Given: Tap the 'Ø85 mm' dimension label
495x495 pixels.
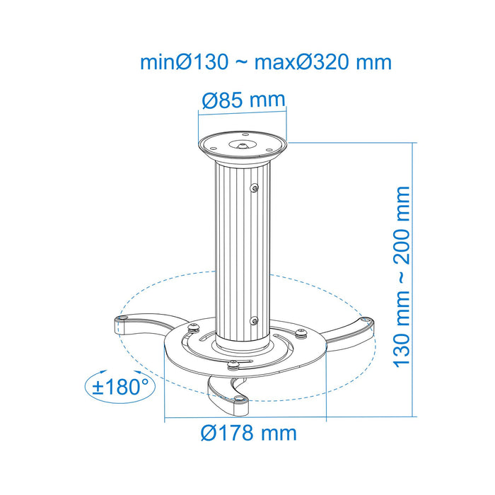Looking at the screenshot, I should [243, 100].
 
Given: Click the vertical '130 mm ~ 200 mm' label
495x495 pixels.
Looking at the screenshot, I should [402, 276].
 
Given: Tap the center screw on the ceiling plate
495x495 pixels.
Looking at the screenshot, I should [243, 144].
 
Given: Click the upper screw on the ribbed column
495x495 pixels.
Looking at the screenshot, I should [255, 187].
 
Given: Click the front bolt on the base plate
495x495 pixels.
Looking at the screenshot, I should [231, 365].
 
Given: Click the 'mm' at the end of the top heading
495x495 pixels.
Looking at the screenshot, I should [374, 62].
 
